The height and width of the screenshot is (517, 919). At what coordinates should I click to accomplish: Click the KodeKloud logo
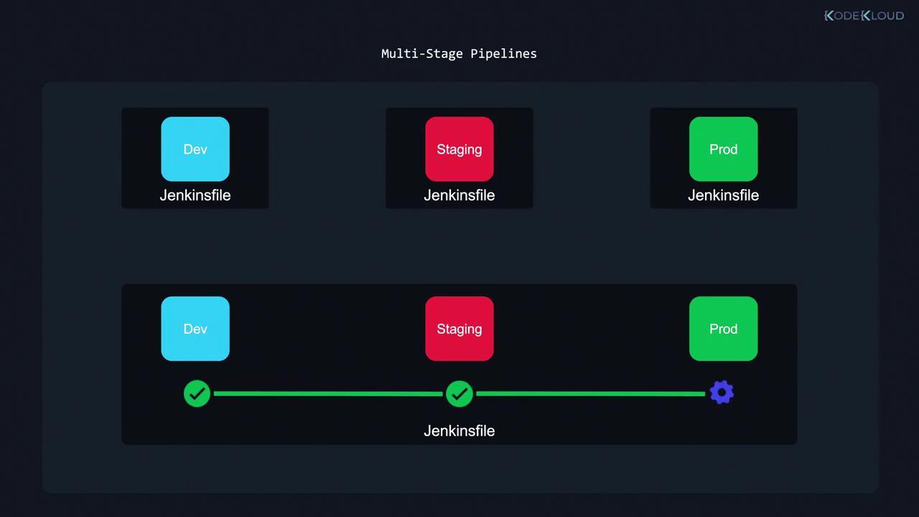pos(864,16)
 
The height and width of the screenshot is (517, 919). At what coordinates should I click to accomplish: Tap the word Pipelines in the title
pos(503,54)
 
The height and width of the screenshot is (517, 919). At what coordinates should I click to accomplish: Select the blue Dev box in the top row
pos(195,149)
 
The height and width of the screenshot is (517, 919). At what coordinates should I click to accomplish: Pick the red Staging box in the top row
pos(459,149)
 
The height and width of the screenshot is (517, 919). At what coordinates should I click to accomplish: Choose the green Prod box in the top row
pos(723,149)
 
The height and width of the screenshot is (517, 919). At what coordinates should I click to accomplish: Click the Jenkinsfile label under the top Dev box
pos(195,195)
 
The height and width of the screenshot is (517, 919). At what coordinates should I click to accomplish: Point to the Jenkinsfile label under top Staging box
pos(459,195)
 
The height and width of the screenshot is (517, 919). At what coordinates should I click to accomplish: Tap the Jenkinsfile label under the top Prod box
pos(723,195)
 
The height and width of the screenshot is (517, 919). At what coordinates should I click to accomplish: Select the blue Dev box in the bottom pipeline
pos(195,329)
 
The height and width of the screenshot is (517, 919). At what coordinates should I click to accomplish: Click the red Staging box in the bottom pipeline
pos(459,329)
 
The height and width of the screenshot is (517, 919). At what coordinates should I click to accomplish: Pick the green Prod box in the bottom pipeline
pos(723,329)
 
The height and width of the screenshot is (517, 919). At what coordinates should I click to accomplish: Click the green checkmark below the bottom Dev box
pos(197,393)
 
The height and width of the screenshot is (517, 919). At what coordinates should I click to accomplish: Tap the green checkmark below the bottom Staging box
pos(459,393)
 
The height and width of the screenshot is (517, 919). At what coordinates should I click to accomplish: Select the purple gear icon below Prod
pos(722,393)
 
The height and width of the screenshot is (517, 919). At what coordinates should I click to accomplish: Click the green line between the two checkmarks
pos(328,393)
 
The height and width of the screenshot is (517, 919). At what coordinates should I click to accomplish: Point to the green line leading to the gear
pos(591,393)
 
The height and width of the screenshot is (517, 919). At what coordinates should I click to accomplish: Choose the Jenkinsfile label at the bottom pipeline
pos(459,431)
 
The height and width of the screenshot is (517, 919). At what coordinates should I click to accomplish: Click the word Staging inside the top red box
pos(459,150)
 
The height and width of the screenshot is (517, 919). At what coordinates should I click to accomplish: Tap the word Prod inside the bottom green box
pos(723,329)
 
